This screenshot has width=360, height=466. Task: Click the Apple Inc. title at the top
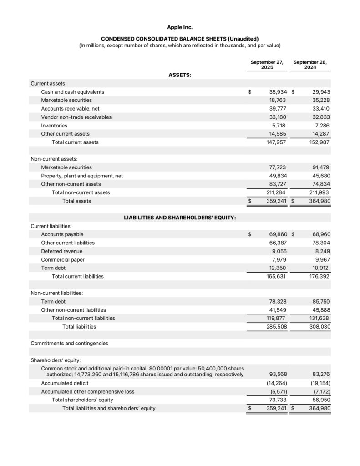pos(180,27)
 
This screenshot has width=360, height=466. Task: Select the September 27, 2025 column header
pos(267,65)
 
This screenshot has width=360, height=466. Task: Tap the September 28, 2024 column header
pos(310,65)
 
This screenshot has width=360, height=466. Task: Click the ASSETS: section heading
pos(180,75)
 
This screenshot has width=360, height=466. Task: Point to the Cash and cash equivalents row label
pos(72,92)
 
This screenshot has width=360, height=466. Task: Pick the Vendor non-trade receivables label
pos(76,117)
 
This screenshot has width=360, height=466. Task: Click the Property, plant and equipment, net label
pos(82,176)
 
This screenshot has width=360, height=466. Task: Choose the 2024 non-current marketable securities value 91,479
pos(320,167)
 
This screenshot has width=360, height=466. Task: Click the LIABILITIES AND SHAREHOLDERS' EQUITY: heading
pos(180,218)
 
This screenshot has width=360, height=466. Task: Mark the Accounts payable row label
pos(62,234)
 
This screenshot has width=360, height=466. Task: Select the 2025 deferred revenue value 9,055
pos(279,251)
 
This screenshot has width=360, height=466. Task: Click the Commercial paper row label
pos(63,260)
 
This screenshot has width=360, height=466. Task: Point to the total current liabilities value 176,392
pos(319,276)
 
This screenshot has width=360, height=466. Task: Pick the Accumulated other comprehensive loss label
pos(88,391)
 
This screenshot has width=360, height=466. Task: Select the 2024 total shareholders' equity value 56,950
pos(320,400)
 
